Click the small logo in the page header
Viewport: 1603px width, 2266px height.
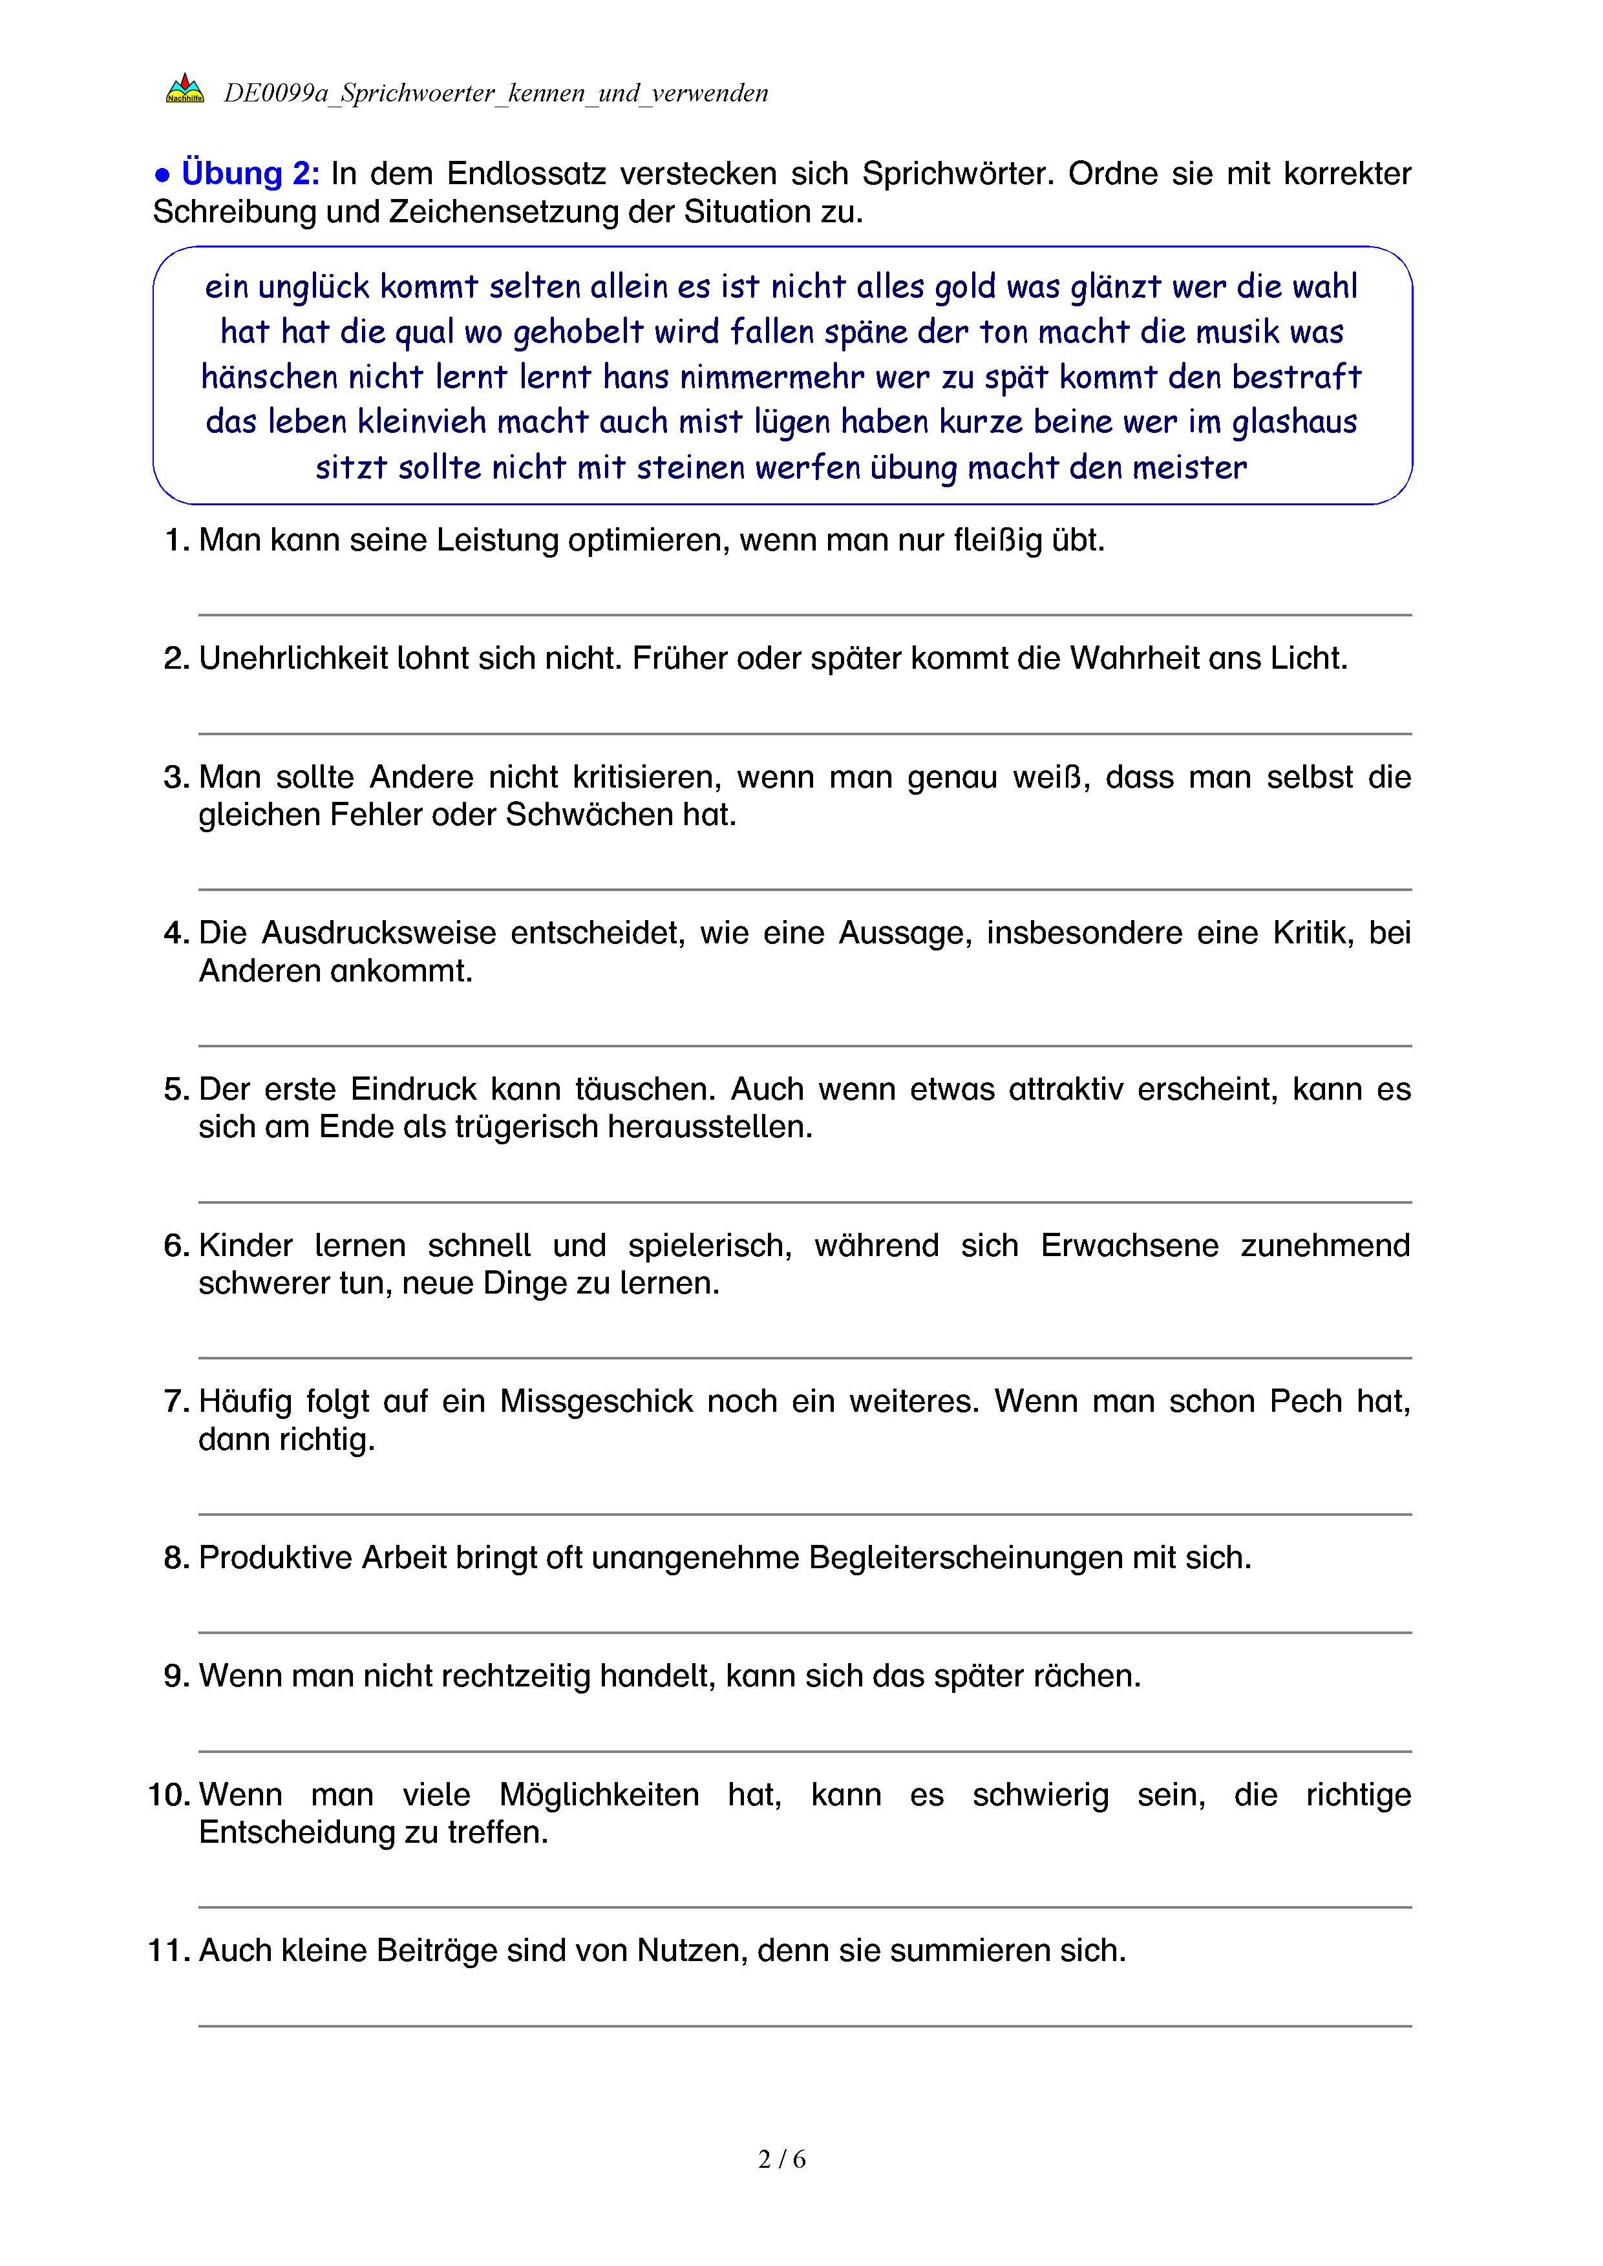coord(185,90)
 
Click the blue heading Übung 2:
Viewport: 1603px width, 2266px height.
coord(249,174)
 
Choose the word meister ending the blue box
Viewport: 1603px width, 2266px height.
coord(1189,468)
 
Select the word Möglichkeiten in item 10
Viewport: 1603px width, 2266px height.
coord(599,1794)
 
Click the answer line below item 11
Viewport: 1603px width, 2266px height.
coord(805,2026)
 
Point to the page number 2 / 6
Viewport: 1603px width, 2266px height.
coord(781,2159)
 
